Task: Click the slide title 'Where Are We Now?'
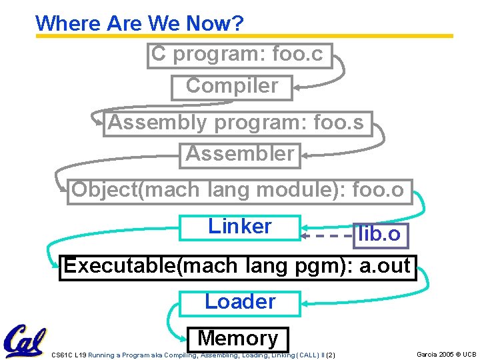click(x=139, y=23)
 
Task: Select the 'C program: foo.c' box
click(x=239, y=55)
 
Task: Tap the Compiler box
click(x=231, y=87)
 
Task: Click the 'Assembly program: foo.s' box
click(x=237, y=123)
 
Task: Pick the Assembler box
click(x=240, y=155)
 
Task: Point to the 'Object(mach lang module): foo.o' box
click(x=239, y=191)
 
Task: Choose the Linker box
click(x=240, y=227)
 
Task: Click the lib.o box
click(x=379, y=234)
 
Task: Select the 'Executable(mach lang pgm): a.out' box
click(x=237, y=267)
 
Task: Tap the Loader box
click(x=240, y=302)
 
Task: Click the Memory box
click(x=238, y=339)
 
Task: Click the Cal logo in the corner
click(x=25, y=340)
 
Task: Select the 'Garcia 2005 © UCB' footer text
click(x=446, y=354)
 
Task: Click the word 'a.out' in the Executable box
click(x=385, y=266)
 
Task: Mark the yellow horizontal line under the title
click(x=244, y=36)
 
